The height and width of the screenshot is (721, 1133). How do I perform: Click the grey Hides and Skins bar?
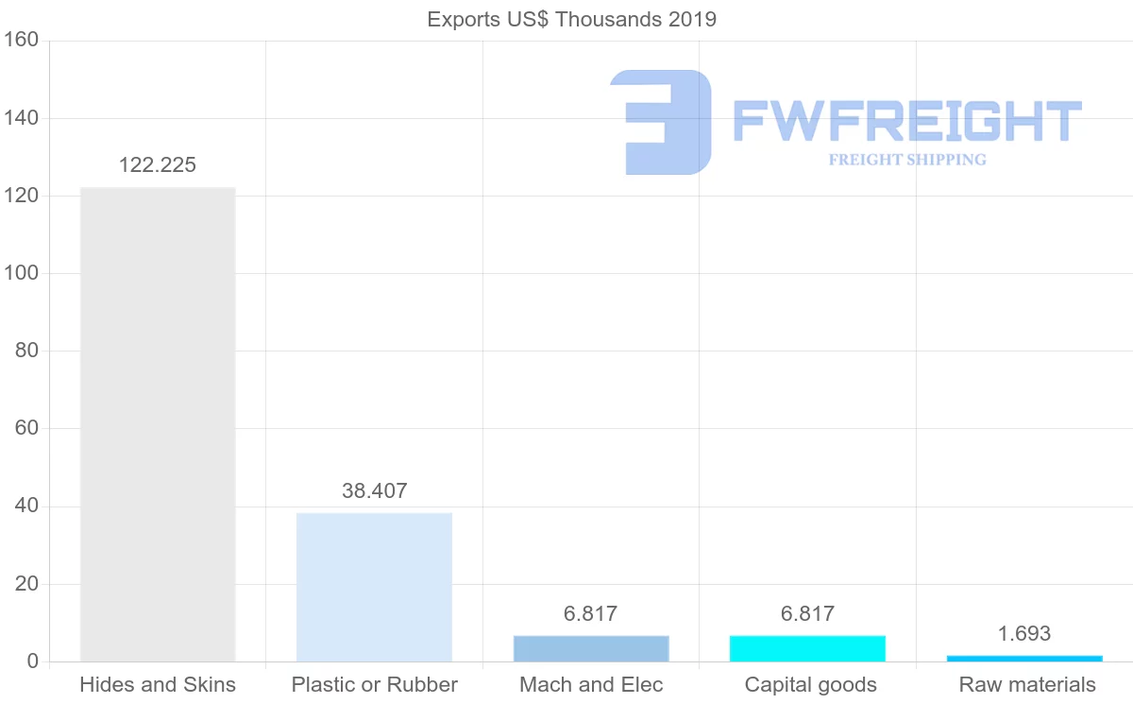(x=158, y=424)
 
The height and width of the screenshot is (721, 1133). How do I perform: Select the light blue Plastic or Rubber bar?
(x=374, y=587)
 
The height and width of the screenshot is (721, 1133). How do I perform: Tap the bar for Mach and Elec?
(x=591, y=648)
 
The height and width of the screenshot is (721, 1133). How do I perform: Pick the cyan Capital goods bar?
(x=807, y=648)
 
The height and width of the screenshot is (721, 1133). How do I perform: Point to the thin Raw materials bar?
(x=1024, y=658)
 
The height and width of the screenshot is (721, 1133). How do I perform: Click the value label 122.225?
(x=158, y=165)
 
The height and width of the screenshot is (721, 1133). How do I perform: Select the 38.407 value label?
(x=374, y=491)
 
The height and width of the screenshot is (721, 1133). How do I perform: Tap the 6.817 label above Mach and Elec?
(x=591, y=614)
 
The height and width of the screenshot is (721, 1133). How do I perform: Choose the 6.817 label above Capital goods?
(x=807, y=614)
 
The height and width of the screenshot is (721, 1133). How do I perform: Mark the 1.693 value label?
(x=1024, y=634)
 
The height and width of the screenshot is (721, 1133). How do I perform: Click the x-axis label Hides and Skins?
(x=158, y=685)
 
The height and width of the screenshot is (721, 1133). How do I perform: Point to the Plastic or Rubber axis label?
(x=374, y=685)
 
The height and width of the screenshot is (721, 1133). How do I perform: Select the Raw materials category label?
(x=1027, y=685)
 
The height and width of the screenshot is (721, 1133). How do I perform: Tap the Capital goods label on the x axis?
(x=810, y=685)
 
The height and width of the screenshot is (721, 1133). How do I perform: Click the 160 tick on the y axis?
(x=20, y=41)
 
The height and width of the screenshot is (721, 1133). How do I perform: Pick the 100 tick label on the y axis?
(x=20, y=274)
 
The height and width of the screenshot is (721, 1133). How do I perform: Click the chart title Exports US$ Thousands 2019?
(x=572, y=20)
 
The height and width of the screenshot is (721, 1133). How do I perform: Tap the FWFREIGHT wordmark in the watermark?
(x=906, y=121)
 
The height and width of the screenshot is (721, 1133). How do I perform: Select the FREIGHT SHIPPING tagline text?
(x=907, y=160)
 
